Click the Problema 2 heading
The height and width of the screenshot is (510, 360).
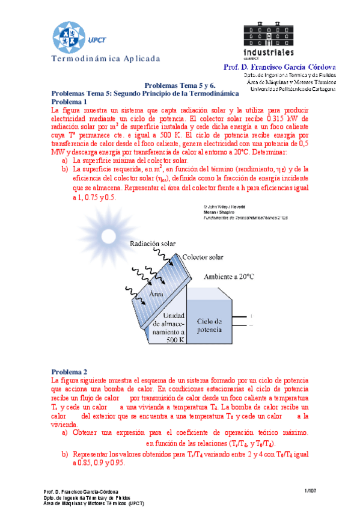click(69, 372)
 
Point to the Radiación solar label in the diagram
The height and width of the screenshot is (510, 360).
click(153, 244)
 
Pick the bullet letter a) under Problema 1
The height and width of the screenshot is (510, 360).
click(65, 161)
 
